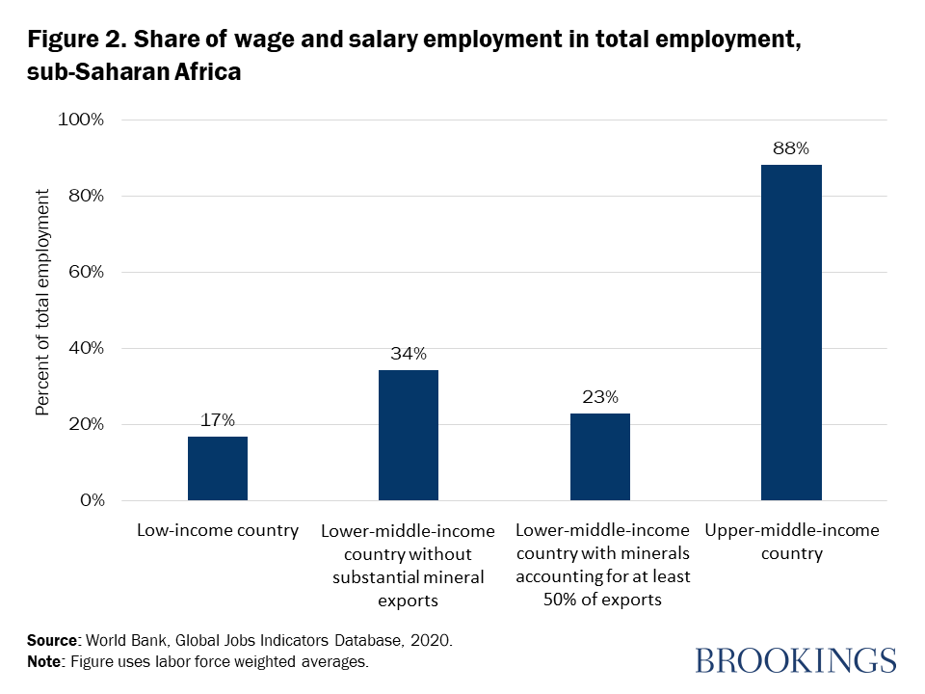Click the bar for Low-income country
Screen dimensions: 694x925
click(x=218, y=468)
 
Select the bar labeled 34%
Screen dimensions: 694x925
click(x=409, y=435)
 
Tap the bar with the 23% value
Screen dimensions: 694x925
click(x=600, y=457)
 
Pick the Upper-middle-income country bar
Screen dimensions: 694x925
click(x=791, y=333)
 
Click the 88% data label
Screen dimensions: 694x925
click(x=791, y=148)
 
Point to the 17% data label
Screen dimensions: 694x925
click(x=218, y=420)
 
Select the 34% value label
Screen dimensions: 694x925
click(x=409, y=354)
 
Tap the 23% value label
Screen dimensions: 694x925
click(x=600, y=396)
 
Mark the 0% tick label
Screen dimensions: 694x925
click(x=91, y=501)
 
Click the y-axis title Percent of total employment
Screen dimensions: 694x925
click(x=42, y=303)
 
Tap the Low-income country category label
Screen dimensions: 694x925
click(x=218, y=530)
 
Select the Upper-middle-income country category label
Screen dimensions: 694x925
click(x=791, y=542)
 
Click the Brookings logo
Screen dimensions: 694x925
click(x=795, y=660)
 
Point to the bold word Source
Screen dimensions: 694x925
click(x=51, y=640)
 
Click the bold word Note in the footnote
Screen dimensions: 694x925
click(x=45, y=662)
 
